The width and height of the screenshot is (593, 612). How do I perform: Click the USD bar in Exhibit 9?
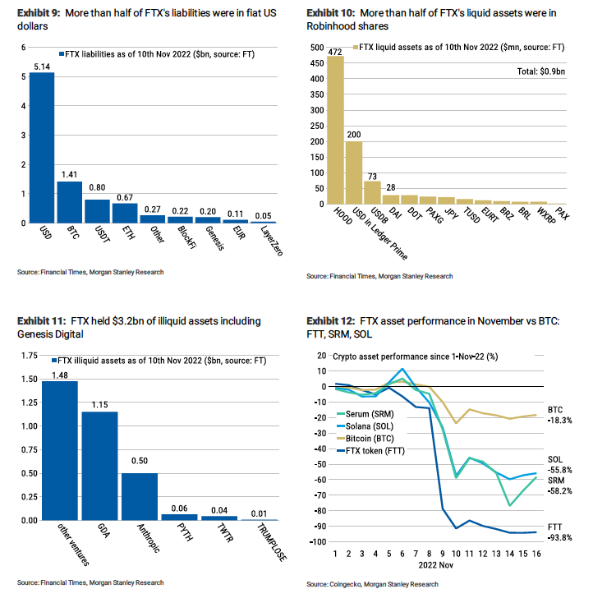(42, 148)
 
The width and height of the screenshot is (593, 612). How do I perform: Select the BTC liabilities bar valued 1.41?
(70, 202)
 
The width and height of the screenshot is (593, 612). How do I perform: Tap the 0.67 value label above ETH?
(125, 197)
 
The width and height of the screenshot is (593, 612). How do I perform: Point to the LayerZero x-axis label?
(272, 241)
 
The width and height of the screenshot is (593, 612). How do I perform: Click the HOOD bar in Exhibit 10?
(335, 130)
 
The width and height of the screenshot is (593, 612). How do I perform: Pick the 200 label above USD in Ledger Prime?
(354, 135)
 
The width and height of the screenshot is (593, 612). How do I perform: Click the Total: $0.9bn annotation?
(540, 71)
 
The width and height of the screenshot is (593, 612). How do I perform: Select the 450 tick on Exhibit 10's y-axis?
(317, 63)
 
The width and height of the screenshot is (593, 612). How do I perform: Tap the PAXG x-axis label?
(435, 215)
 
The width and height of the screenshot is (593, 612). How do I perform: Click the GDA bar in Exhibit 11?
(99, 466)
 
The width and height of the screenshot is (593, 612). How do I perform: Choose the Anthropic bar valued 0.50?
(140, 496)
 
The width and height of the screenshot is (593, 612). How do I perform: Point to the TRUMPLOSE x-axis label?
(272, 542)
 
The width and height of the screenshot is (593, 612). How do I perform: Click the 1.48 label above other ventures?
(60, 375)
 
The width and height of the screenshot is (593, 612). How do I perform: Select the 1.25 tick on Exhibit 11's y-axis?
(30, 403)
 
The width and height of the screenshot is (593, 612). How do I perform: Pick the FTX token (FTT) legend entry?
(370, 451)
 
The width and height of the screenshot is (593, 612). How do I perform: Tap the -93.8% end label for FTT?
(559, 537)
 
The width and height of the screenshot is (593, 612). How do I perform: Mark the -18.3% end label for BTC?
(559, 421)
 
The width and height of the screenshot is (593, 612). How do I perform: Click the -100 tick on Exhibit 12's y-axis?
(318, 541)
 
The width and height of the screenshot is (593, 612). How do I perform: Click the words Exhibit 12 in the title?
(331, 321)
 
